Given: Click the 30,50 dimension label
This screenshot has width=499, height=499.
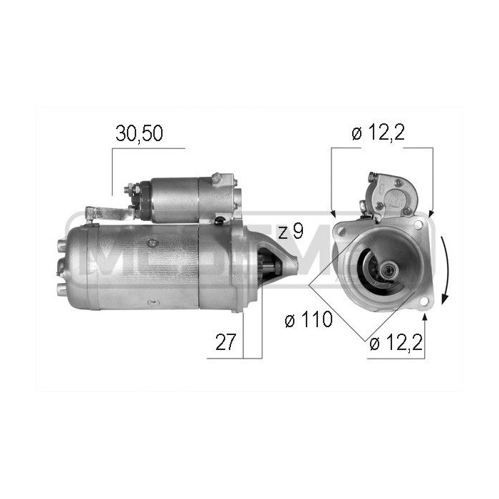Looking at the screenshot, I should (140, 135).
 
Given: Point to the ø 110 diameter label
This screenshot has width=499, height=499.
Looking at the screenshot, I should (308, 320).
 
